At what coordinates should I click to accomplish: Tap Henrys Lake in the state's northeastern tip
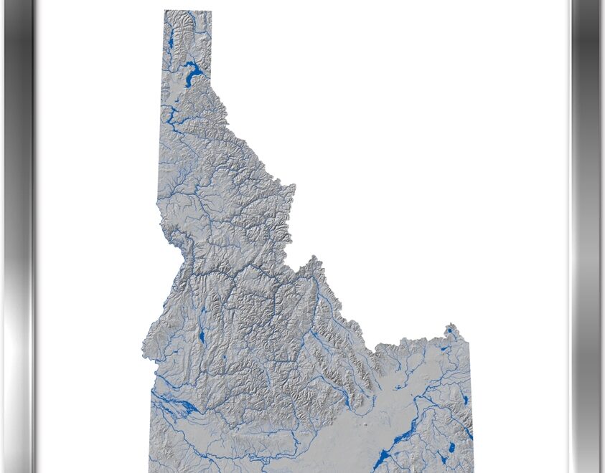(x=451, y=331)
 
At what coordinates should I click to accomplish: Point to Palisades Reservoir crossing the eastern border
(x=469, y=433)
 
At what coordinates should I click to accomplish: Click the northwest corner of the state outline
(x=164, y=11)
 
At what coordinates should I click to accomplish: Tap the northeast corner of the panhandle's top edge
(x=211, y=11)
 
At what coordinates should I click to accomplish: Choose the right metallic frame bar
(x=586, y=236)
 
